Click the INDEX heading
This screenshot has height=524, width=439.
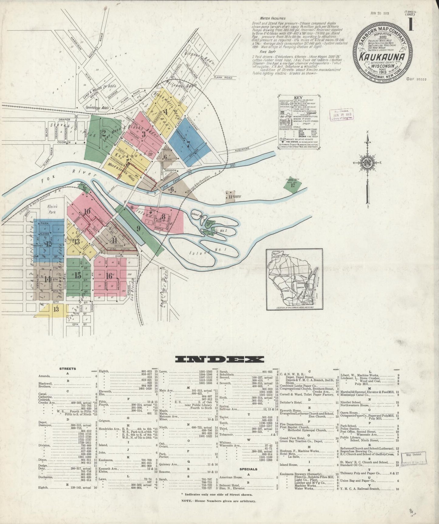click(219, 359)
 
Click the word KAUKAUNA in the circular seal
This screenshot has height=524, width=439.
click(382, 57)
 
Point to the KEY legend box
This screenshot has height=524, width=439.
click(298, 123)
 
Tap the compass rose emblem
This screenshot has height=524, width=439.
click(368, 164)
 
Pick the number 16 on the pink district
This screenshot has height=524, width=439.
click(109, 276)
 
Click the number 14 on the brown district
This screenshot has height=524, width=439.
click(47, 279)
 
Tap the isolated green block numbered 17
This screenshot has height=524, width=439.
click(293, 185)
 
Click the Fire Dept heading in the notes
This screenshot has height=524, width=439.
click(258, 52)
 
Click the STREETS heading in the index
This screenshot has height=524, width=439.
click(67, 369)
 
